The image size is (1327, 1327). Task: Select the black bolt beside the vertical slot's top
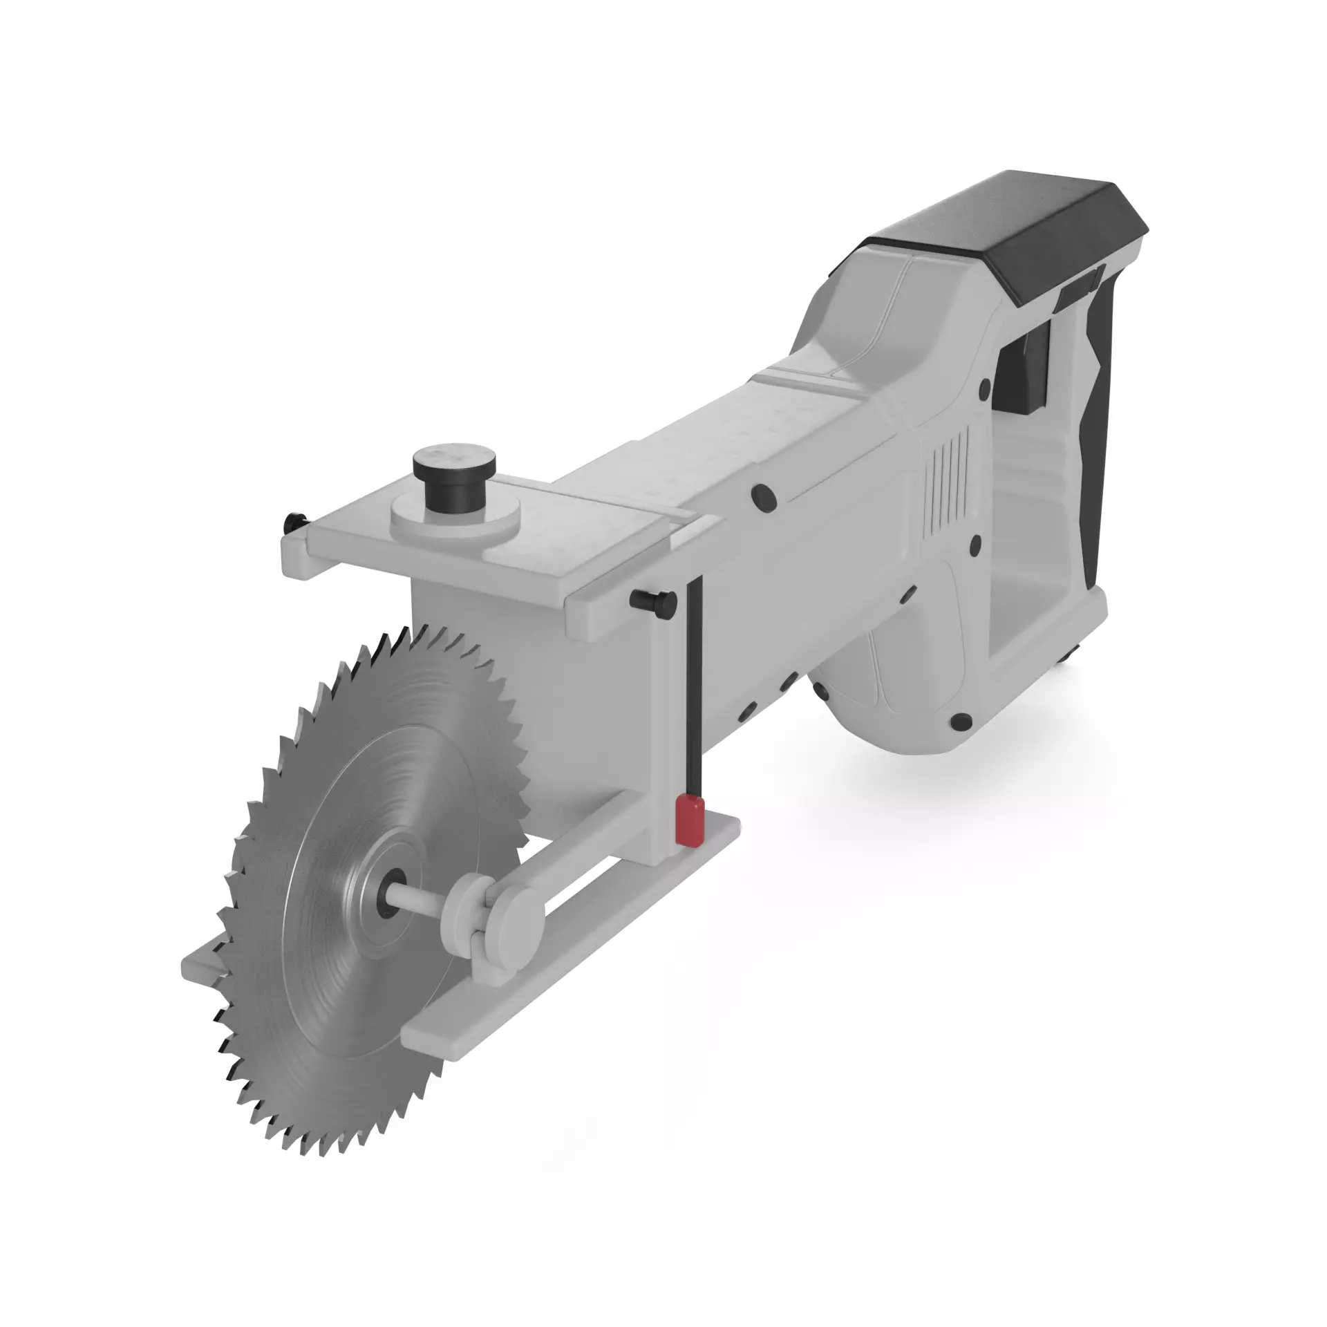point(652,601)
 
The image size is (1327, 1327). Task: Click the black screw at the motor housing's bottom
point(959,722)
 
